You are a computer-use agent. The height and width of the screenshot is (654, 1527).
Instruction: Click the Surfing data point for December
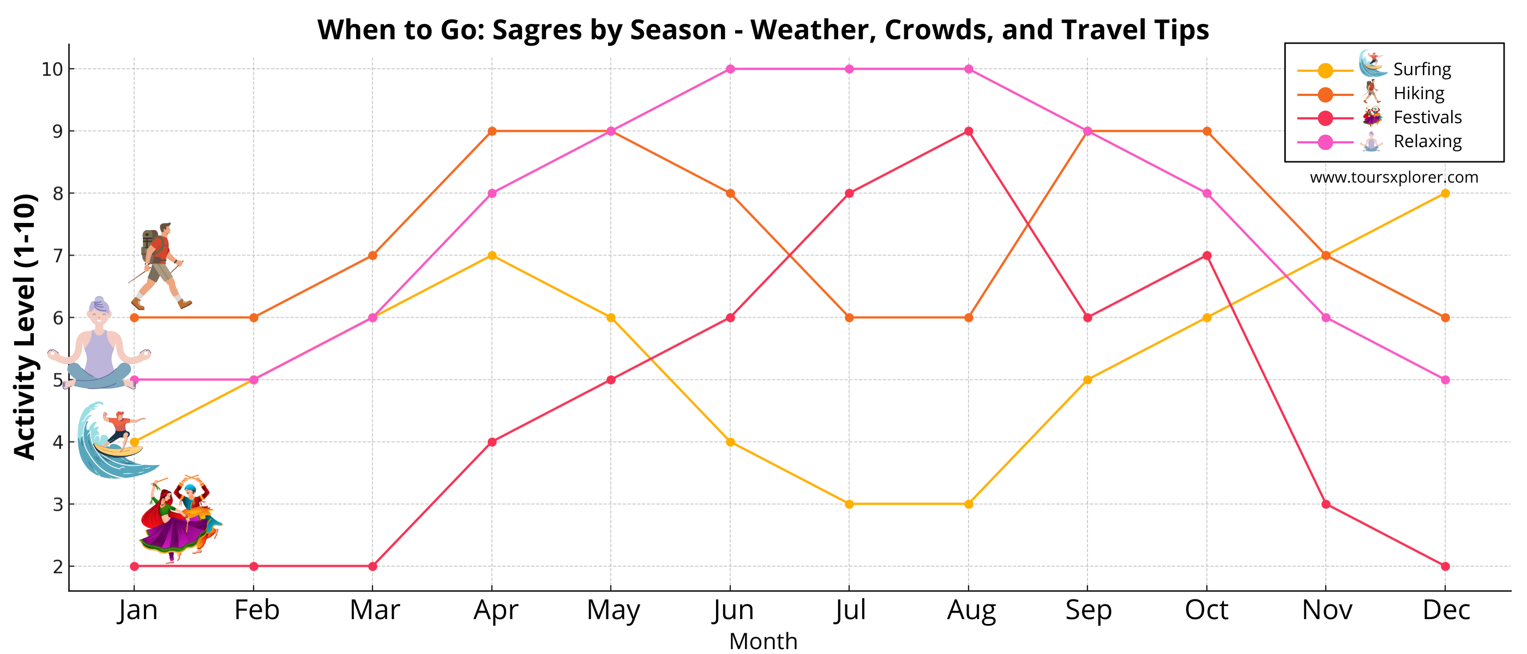click(1445, 193)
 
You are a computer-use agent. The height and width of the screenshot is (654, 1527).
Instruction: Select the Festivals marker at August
click(968, 131)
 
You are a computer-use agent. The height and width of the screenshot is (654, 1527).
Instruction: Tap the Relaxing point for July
click(849, 69)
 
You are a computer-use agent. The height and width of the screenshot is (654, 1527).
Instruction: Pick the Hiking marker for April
click(491, 131)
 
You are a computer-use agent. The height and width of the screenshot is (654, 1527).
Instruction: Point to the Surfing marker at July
click(849, 504)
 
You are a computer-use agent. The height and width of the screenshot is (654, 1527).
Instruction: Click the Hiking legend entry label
click(1418, 93)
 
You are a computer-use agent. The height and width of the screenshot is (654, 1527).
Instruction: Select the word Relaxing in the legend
click(1427, 142)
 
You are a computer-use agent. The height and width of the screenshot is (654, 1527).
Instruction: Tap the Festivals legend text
click(1427, 117)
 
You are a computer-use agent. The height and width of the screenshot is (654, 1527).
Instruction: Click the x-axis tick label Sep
click(1088, 609)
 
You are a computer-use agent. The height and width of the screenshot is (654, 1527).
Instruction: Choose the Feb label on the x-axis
click(256, 609)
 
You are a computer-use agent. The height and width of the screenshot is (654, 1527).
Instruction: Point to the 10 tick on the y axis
click(52, 69)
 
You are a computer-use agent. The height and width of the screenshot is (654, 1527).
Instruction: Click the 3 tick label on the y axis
click(57, 505)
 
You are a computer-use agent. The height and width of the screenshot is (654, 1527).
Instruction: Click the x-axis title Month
click(763, 641)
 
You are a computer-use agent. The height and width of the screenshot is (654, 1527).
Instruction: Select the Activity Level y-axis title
click(25, 326)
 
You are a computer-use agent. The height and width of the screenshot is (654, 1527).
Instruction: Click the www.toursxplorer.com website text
click(1393, 177)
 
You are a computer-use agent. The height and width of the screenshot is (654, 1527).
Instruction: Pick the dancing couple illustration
click(179, 519)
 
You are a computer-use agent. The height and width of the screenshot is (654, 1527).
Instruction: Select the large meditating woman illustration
click(99, 347)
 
